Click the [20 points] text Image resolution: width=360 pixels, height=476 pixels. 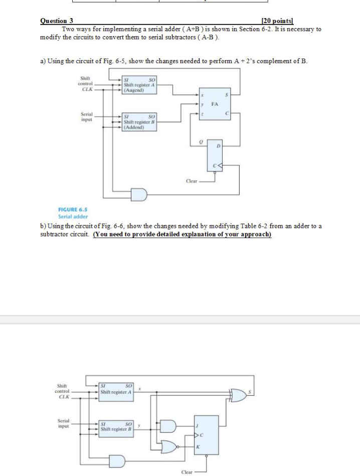coord(278,21)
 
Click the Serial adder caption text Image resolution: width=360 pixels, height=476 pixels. coord(74,217)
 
